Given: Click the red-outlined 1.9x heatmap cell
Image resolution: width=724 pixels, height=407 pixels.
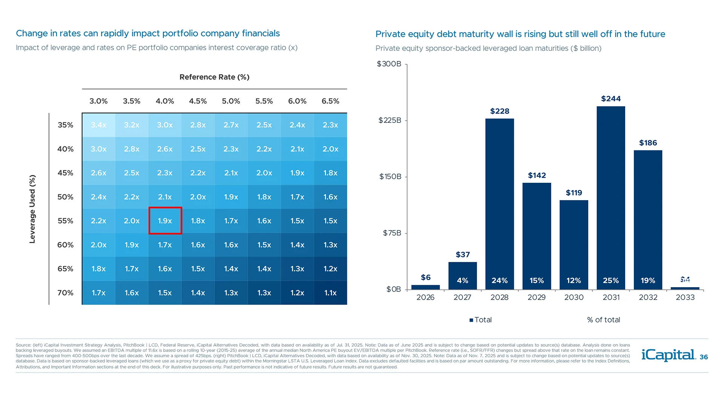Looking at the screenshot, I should (165, 221).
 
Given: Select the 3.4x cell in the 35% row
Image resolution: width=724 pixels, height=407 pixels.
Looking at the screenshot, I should (98, 125).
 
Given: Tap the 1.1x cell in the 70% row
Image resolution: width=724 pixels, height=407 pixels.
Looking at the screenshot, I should (330, 293).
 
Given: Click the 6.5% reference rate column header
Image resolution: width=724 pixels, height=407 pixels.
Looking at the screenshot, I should (330, 101).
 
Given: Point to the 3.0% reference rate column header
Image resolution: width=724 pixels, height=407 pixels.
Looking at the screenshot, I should (98, 101).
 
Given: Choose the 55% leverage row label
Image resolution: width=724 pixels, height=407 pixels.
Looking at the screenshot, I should (65, 221).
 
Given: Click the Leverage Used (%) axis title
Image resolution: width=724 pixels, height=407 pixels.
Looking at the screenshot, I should (32, 209).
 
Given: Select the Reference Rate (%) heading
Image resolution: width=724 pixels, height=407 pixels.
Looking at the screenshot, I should (214, 77).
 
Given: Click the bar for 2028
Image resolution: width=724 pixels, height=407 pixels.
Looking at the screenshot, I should (499, 203).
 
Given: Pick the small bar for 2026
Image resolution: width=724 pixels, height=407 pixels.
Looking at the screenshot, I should (425, 287).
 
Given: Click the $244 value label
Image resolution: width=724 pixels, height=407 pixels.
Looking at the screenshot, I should (610, 99).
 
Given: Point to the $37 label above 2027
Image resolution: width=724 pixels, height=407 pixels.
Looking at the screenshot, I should (463, 255).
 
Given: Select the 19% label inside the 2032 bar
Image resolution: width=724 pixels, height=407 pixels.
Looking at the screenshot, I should (648, 280).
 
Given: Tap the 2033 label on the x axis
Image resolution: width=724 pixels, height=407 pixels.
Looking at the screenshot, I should (685, 297).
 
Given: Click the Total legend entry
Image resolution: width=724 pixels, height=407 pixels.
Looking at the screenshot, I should (480, 320).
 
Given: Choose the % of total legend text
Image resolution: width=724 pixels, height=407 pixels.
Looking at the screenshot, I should (603, 320).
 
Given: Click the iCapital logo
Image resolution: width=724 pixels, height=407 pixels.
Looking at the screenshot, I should (668, 355).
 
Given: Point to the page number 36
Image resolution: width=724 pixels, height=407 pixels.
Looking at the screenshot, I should (704, 357).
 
